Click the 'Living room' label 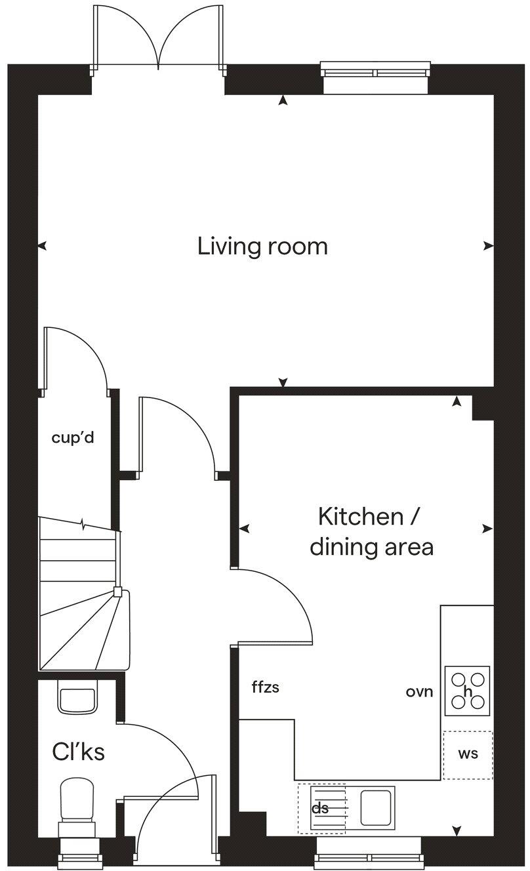pos(262,247)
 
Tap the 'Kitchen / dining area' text pos(371,531)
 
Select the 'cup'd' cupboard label pos(73,438)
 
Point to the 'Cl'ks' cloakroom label pos(78,752)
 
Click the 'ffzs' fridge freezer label pos(266,687)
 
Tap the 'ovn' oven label pos(420,692)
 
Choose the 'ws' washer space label pos(468,754)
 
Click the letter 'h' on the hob pos(468,691)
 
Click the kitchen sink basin pos(375,807)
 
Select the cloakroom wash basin pos(77,697)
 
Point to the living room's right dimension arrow pos(489,246)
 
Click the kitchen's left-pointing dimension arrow pos(244,529)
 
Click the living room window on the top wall pos(375,76)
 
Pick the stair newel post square pos(117,592)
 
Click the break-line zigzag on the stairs pos(83,524)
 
